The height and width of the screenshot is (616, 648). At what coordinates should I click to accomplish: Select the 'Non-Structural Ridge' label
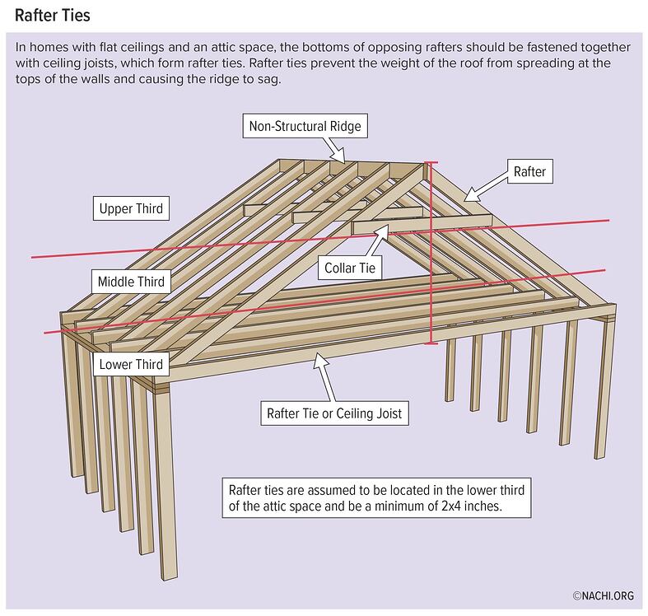coord(304,127)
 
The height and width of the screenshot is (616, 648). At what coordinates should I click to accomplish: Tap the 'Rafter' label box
coord(529,172)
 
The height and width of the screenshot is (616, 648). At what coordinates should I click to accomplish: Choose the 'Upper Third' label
coord(131,208)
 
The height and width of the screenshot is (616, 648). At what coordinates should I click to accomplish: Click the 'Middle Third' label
coord(131,281)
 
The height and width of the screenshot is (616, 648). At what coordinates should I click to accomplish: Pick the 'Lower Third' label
coord(131,364)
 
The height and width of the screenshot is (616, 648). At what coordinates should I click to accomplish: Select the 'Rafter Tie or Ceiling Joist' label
coord(334,413)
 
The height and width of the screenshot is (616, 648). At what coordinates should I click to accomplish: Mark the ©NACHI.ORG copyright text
coord(603,595)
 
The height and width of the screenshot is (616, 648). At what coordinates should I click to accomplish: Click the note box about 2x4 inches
coord(374,497)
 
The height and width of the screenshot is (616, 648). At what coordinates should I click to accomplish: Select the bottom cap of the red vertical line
coord(429,343)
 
